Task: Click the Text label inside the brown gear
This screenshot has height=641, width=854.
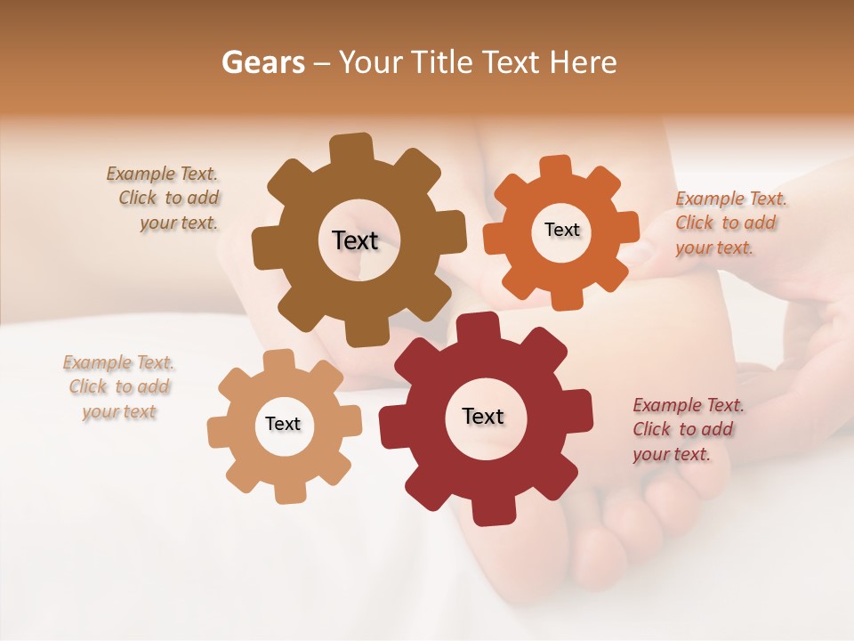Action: [x=355, y=240]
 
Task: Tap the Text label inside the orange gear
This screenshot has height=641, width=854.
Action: [x=561, y=230]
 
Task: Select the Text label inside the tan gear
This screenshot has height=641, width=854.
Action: [x=283, y=425]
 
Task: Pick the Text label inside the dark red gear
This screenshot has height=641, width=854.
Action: [x=483, y=416]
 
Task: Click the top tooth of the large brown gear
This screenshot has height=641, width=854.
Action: [x=351, y=148]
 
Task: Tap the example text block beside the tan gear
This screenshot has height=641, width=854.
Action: [x=119, y=387]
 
